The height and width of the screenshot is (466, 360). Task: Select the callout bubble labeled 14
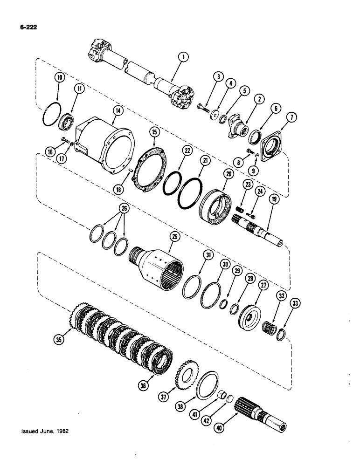click(117, 110)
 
